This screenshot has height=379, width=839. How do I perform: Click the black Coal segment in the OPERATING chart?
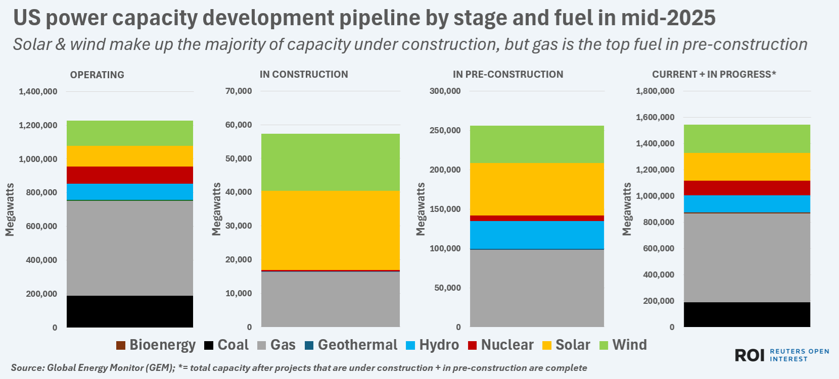[x=130, y=311]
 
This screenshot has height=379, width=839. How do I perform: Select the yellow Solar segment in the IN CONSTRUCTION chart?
[x=331, y=230]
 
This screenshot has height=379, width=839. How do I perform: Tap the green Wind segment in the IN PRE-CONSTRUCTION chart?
[x=537, y=144]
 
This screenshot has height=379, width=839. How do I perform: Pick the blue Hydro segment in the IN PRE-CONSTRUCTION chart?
[x=537, y=235]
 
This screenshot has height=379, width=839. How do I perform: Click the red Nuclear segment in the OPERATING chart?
[x=130, y=175]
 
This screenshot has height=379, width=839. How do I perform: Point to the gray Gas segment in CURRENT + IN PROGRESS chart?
[x=747, y=257]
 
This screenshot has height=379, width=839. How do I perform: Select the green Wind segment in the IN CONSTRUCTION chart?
[x=331, y=162]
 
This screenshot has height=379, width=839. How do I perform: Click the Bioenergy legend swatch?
[x=121, y=345]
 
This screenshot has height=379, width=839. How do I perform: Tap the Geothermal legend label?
[x=357, y=345]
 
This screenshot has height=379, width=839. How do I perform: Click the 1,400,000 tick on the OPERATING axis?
[x=38, y=91]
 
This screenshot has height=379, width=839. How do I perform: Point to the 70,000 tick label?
[x=239, y=91]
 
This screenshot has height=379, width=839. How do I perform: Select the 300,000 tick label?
[x=445, y=91]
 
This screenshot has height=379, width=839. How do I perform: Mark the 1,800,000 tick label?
[x=655, y=91]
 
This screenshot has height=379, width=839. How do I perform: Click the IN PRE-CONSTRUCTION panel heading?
[x=508, y=74]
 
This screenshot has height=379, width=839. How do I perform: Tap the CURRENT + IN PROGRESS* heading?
[x=714, y=74]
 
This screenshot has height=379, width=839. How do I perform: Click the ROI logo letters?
[x=750, y=355]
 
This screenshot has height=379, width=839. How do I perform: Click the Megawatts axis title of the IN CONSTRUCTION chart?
[x=217, y=209]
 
